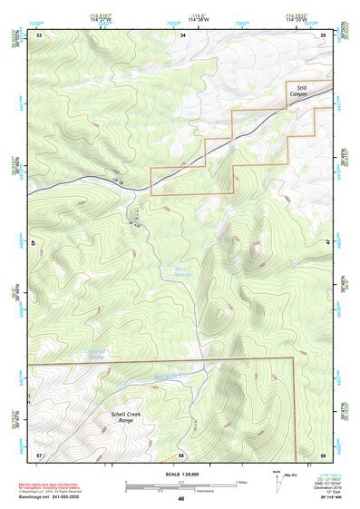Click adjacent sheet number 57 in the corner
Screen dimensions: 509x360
click(x=39, y=454)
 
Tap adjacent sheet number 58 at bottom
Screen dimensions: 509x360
click(x=181, y=454)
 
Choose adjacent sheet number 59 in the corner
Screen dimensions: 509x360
click(x=323, y=454)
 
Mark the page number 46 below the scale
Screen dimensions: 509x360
click(x=181, y=499)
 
